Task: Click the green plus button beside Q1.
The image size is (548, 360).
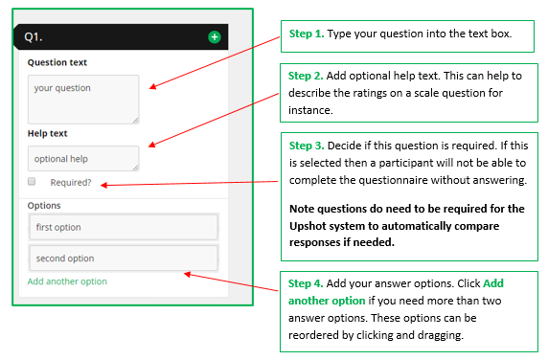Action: click(214, 37)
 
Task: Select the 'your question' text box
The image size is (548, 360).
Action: click(83, 99)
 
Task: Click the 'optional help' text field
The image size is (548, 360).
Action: click(83, 158)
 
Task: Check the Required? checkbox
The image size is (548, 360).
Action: click(32, 181)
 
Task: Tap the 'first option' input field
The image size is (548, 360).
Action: click(123, 227)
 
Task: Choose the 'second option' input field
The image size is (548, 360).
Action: click(123, 259)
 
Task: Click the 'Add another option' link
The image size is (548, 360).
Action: click(67, 281)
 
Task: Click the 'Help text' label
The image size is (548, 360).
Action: click(47, 133)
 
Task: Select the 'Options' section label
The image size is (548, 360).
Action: click(44, 205)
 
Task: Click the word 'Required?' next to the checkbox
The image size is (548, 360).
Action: click(71, 182)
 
